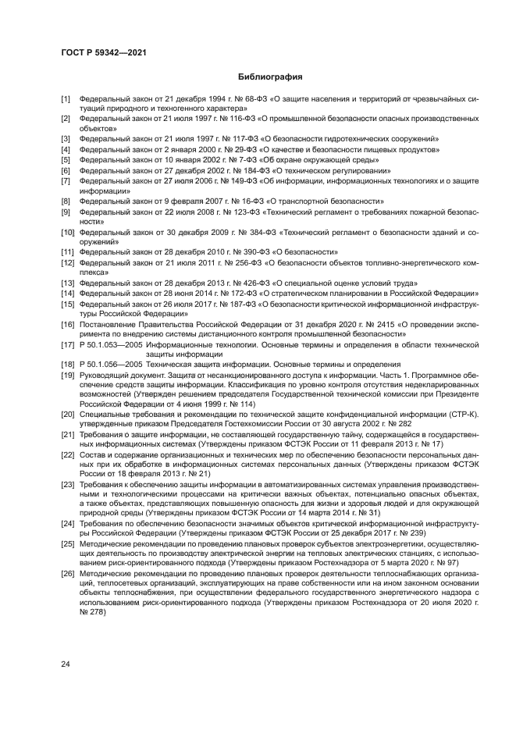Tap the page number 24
pos(66,664)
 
